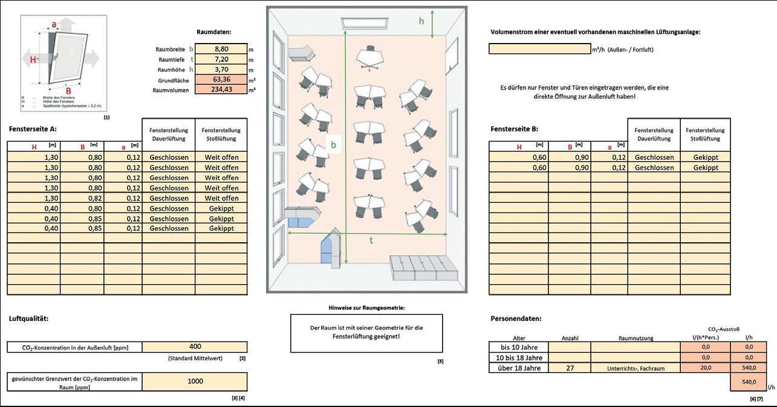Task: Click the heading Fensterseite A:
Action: pyautogui.click(x=33, y=129)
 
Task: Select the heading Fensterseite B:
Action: pyautogui.click(x=514, y=129)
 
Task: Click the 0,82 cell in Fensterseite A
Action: pyautogui.click(x=82, y=198)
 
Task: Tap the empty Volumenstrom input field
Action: pyautogui.click(x=539, y=49)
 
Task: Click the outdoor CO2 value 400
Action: pyautogui.click(x=195, y=346)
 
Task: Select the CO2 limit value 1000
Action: pyautogui.click(x=195, y=382)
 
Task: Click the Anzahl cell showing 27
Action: pyautogui.click(x=570, y=368)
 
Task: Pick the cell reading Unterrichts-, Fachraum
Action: pyautogui.click(x=635, y=368)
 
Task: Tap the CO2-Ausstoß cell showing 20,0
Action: pyautogui.click(x=705, y=368)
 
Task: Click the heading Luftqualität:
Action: pyautogui.click(x=28, y=319)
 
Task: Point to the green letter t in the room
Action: pyautogui.click(x=371, y=240)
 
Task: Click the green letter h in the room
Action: pyautogui.click(x=422, y=21)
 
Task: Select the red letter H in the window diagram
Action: pyautogui.click(x=33, y=59)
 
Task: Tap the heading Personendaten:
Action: pyautogui.click(x=516, y=319)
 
